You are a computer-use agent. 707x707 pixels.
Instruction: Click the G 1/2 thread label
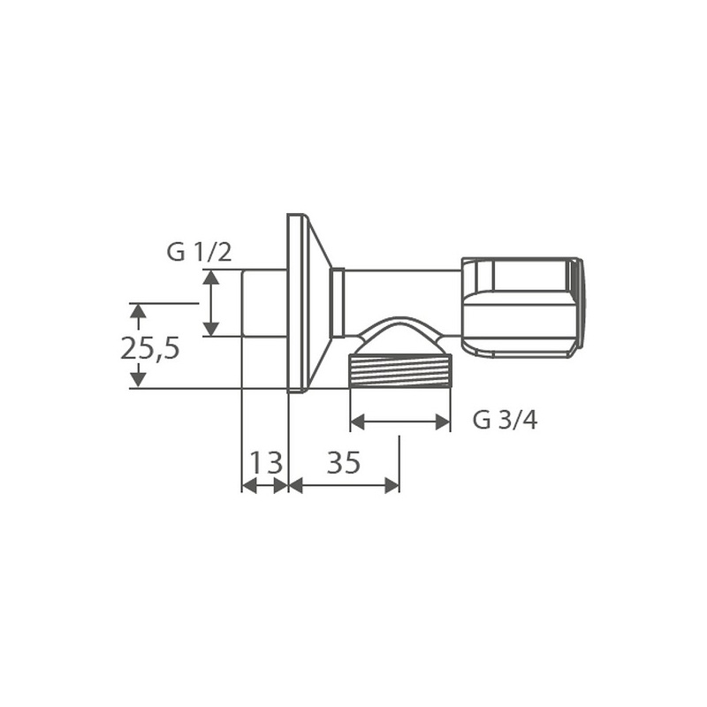coord(199,252)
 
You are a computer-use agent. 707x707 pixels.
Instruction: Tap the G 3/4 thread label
coord(505,420)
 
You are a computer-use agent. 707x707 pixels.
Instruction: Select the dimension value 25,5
coord(150,348)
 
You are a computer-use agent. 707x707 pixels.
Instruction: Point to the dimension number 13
coord(265,462)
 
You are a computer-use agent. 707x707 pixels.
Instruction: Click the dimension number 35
coord(344,462)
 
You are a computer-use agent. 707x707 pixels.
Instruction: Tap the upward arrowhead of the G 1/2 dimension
coord(210,277)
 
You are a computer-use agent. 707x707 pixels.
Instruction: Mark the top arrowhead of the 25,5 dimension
coord(138,310)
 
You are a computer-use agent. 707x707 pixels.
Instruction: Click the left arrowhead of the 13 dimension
coord(248,485)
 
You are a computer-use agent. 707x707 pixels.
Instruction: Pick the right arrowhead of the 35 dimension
coord(392,485)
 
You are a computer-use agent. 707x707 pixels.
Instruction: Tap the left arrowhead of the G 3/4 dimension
coord(357,422)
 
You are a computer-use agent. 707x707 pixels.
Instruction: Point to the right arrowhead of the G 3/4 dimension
coord(444,422)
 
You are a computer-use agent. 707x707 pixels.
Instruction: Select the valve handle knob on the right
coord(521,308)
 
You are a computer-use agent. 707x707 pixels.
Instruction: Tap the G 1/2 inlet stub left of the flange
coord(264,303)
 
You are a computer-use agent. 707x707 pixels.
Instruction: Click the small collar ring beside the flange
coord(336,303)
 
